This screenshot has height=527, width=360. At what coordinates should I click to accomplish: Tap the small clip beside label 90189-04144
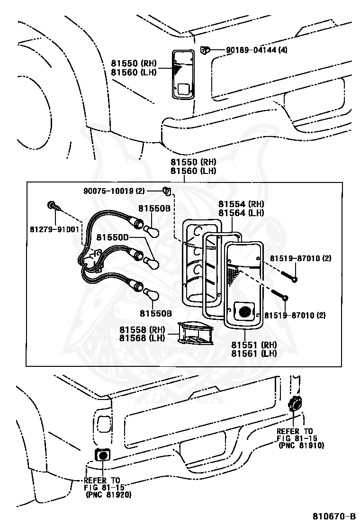tap(205, 49)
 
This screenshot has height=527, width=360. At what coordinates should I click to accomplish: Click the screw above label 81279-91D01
tap(52, 206)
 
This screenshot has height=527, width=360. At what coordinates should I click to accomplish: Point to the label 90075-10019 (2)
tap(114, 191)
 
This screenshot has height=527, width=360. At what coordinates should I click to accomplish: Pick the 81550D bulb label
tap(112, 236)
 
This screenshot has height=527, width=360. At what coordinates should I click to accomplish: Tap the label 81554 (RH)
tap(241, 204)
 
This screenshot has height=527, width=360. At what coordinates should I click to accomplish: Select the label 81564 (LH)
tap(241, 213)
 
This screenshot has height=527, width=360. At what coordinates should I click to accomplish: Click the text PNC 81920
tap(108, 494)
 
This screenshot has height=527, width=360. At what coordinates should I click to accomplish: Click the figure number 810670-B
tap(333, 516)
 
